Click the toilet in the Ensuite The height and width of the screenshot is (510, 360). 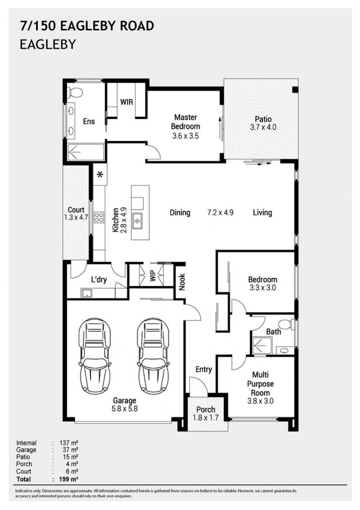coord(75,92)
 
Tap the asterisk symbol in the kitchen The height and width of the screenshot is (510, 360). coord(100,174)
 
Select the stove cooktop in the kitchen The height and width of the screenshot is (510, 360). coord(99,217)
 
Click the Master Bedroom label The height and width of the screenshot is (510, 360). coord(185,122)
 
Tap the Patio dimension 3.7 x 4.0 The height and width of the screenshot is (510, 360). coord(263,127)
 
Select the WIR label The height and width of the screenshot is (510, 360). coord(126,102)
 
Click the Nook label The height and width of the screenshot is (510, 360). coord(182,281)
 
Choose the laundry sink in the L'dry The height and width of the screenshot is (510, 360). coord(86,293)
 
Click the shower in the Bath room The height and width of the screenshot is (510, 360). coord(262,345)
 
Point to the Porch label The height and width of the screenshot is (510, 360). coord(205,409)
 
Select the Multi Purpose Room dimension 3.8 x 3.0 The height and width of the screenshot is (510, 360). coord(260,401)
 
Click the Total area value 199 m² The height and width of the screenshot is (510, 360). coord(68,479)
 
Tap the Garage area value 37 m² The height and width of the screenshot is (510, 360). coord(70,450)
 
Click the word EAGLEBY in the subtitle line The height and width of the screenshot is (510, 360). coord(48,44)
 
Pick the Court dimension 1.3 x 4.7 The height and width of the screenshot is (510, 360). coord(75,217)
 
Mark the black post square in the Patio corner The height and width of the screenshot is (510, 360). coord(295,90)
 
